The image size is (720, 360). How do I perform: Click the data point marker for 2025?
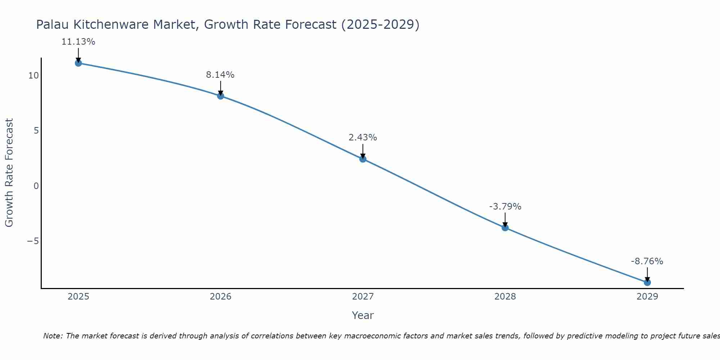(78, 63)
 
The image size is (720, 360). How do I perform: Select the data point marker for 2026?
(221, 96)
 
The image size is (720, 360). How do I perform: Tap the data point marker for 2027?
(363, 159)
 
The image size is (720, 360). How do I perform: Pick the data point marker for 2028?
(505, 228)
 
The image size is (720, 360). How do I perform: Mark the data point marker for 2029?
(647, 282)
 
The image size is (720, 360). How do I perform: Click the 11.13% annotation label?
(78, 42)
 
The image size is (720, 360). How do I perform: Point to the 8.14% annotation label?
(220, 75)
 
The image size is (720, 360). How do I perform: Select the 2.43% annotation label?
(363, 138)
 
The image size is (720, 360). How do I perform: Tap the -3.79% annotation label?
(505, 207)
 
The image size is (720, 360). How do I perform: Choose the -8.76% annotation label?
(647, 261)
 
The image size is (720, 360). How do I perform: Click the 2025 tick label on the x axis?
(78, 297)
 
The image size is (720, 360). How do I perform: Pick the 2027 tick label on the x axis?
(363, 297)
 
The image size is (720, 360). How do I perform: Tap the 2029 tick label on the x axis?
(647, 297)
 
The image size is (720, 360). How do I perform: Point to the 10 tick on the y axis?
(33, 76)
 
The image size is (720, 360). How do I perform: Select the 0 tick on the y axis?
(36, 186)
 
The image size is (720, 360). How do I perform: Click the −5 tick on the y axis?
(33, 241)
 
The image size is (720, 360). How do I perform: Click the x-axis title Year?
(363, 315)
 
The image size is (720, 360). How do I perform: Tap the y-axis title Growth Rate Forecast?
(9, 173)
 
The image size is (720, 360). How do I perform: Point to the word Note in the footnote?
(53, 336)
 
